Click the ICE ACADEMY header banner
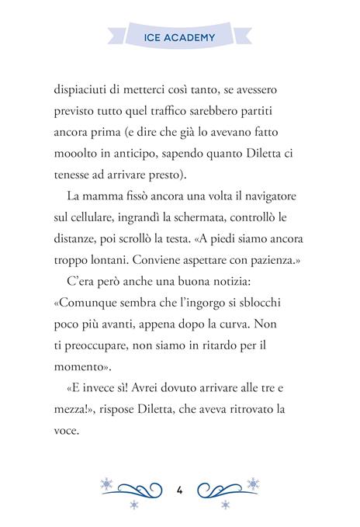click(180, 36)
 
